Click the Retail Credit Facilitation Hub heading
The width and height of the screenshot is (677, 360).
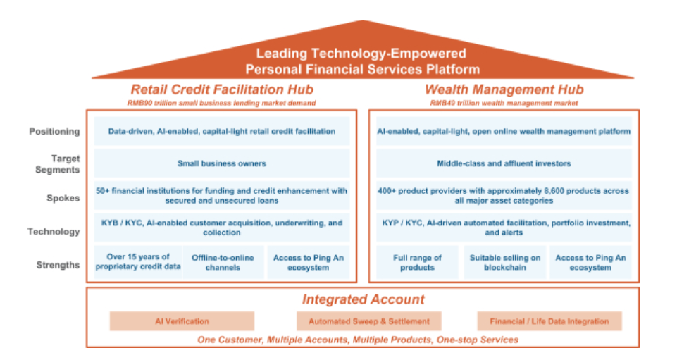click(222, 89)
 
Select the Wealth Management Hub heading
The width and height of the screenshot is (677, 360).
click(504, 89)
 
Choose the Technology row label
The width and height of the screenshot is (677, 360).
click(54, 231)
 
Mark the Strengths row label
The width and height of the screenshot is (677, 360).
click(56, 264)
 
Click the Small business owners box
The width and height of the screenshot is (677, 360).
click(222, 163)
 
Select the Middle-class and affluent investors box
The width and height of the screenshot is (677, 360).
click(504, 163)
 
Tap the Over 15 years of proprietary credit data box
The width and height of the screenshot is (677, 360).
click(137, 262)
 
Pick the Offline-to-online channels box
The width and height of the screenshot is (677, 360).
click(223, 262)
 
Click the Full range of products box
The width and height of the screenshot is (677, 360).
click(417, 262)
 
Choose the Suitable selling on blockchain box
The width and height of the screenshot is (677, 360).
click(504, 262)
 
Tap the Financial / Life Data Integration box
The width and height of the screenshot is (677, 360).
click(549, 321)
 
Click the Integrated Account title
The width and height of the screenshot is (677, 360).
click(363, 299)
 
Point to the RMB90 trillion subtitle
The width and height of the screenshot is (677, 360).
click(222, 103)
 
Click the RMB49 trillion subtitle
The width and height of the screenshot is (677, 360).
click(504, 103)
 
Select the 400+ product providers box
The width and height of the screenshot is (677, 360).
click(504, 196)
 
